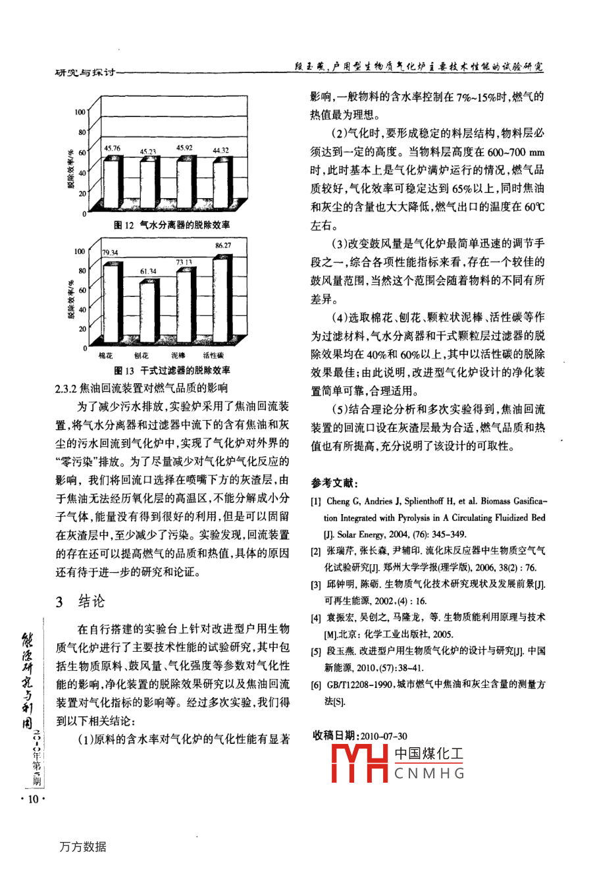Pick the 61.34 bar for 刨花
148,311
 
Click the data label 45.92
184,148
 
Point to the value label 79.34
111,253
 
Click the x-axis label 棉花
105,355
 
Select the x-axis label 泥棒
178,355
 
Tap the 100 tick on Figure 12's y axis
80,112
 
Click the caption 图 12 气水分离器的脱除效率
172,225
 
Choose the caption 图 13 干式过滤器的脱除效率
172,371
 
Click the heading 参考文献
335,483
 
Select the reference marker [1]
316,501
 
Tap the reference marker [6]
316,685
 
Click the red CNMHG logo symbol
359,763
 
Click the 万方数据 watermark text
83,847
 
